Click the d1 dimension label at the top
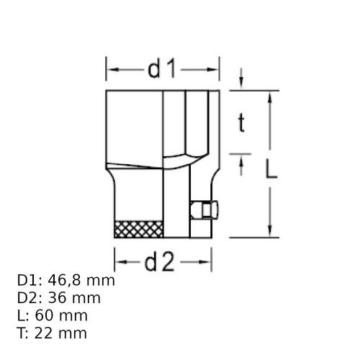coord(162,70)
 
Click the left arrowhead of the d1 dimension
coord(111,71)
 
